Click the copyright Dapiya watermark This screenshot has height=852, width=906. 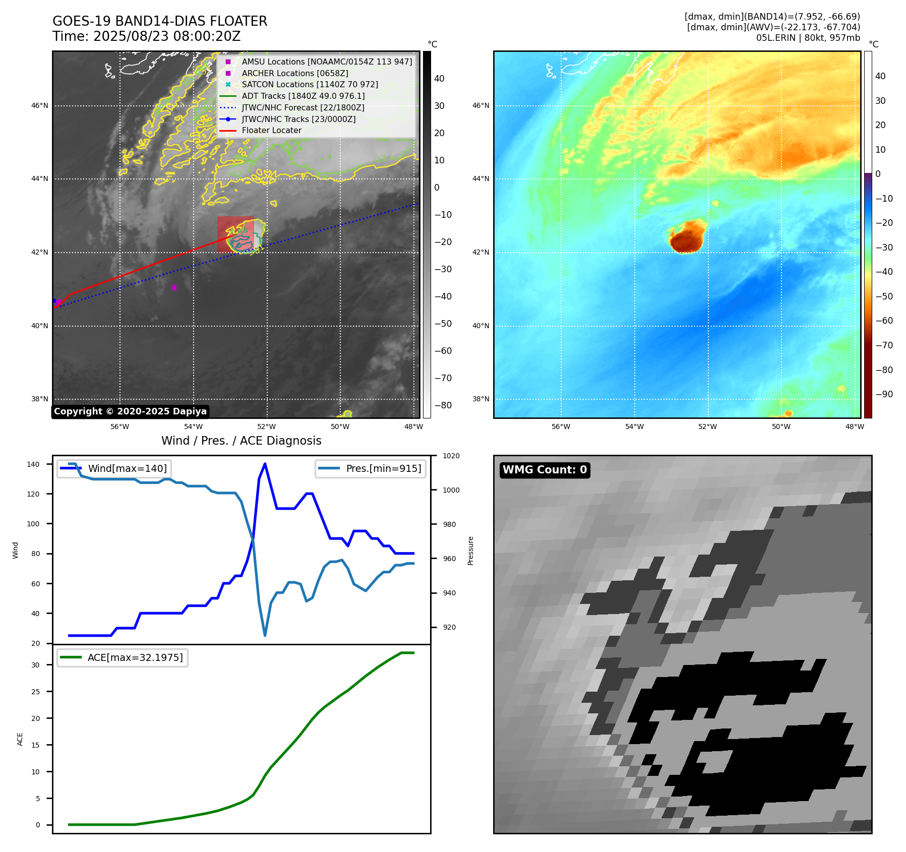[x=130, y=411]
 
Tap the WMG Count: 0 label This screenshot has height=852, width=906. [x=545, y=470]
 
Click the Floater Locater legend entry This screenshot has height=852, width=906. [x=271, y=130]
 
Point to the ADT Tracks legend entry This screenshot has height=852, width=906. [x=303, y=96]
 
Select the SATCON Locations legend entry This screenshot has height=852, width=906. [x=310, y=84]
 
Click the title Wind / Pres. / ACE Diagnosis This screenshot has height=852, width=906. [x=241, y=441]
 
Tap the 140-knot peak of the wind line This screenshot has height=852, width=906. [x=265, y=464]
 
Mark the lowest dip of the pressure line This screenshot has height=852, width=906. [x=265, y=635]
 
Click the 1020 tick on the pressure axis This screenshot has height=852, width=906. [x=451, y=456]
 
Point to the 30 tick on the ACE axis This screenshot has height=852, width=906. [x=35, y=665]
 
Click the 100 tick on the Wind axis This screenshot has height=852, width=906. [x=33, y=524]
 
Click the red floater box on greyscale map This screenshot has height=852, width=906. [x=235, y=234]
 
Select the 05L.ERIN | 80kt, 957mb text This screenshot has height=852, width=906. [x=808, y=38]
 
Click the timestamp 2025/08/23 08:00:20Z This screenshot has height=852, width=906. [x=167, y=36]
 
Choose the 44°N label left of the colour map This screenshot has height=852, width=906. [x=480, y=178]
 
